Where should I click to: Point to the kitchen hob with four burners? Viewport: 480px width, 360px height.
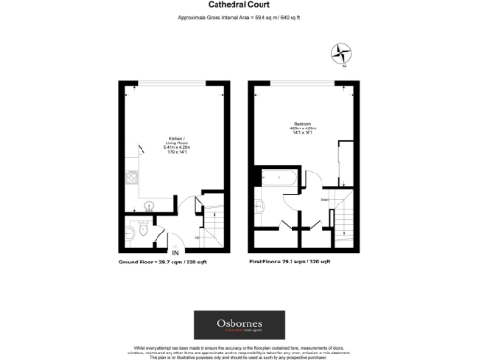tap(131, 177)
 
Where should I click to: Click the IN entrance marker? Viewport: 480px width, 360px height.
tap(175, 251)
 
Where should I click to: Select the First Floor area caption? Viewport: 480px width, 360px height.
tap(291, 262)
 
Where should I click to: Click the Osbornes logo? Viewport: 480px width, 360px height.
tap(239, 324)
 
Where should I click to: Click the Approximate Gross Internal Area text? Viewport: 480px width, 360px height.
tap(239, 19)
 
